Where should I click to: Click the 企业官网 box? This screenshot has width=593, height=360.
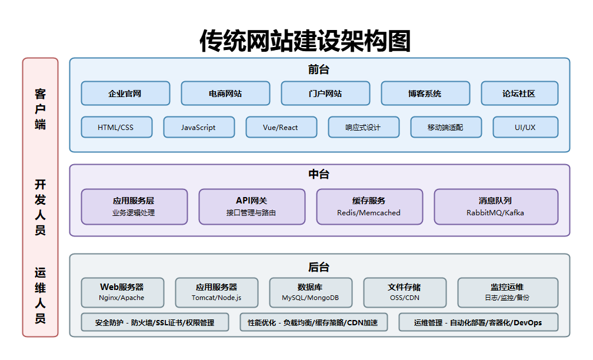click(125, 94)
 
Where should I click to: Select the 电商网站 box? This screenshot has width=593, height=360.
click(225, 94)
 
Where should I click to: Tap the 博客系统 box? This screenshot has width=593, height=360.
click(425, 94)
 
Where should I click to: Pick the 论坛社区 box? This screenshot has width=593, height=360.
click(519, 94)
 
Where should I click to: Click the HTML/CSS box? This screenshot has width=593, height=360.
click(116, 127)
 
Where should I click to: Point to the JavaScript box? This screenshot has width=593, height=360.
click(198, 127)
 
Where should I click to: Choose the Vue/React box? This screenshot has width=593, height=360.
click(281, 127)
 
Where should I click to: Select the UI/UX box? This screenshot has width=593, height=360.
click(525, 127)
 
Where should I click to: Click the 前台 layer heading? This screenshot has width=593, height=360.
click(319, 69)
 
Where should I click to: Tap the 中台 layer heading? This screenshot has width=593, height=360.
click(319, 175)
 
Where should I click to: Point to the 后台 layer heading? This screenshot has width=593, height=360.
click(319, 267)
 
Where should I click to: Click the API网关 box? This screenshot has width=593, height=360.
click(251, 206)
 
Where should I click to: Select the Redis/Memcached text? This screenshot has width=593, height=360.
click(369, 213)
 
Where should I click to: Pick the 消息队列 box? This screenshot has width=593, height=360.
click(495, 206)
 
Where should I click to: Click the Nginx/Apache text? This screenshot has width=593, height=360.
click(122, 298)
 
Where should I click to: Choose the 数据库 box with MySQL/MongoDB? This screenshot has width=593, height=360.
click(310, 292)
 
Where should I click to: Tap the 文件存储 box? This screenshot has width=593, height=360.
click(404, 292)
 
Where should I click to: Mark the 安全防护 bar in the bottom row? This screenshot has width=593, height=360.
click(155, 322)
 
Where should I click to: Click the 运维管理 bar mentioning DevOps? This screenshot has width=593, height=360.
click(478, 322)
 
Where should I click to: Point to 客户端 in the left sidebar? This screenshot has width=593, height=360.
click(40, 109)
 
